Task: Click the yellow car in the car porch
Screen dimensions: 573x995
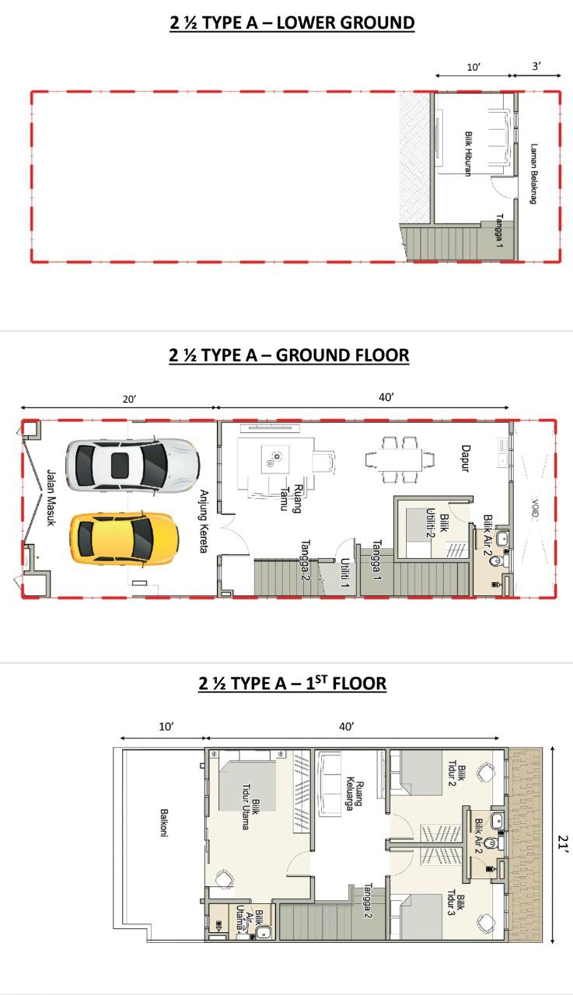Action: click(x=124, y=539)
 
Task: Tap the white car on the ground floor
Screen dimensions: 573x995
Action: click(x=132, y=465)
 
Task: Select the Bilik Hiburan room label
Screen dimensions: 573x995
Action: click(x=468, y=154)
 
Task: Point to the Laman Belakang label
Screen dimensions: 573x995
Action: click(x=533, y=173)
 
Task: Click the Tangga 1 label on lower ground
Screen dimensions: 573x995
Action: click(x=500, y=231)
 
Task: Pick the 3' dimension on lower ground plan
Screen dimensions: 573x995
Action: click(x=536, y=66)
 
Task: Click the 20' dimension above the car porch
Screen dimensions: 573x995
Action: click(x=129, y=399)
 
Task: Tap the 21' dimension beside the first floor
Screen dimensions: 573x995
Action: click(x=563, y=842)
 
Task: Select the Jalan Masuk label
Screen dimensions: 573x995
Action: click(x=51, y=498)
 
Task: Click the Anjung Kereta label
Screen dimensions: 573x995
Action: click(x=204, y=521)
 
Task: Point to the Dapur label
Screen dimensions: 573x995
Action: click(x=466, y=459)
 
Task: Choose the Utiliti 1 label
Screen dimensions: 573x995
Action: click(x=344, y=573)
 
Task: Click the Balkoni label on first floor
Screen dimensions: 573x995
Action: click(x=164, y=822)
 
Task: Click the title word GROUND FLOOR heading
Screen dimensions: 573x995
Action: click(x=342, y=355)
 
